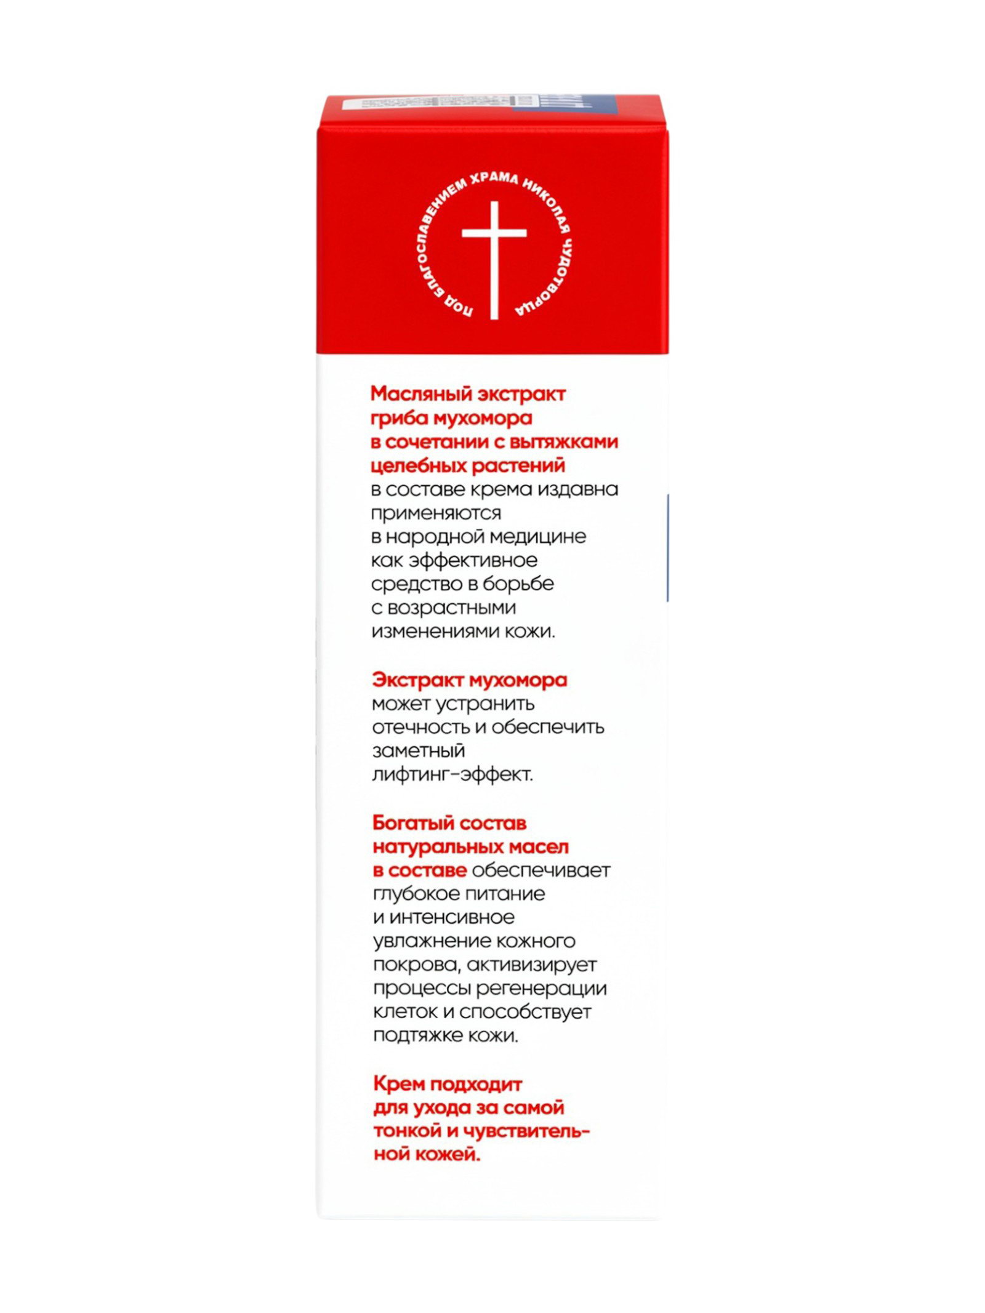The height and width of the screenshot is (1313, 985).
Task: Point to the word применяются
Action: [x=436, y=513]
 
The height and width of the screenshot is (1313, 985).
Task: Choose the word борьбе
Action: [x=518, y=584]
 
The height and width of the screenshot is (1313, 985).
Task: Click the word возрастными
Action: [x=452, y=608]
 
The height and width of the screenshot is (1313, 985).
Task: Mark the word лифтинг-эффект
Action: [x=452, y=774]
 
